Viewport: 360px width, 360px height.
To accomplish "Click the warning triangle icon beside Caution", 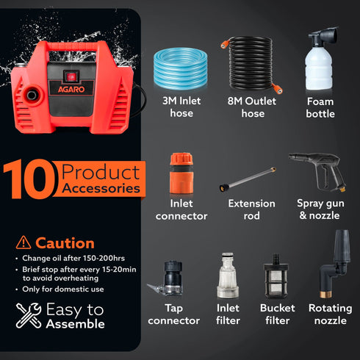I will click(24, 243).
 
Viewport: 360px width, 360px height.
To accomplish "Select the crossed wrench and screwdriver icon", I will click(29, 317).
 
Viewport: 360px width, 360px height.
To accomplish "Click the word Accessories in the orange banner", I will click(101, 188).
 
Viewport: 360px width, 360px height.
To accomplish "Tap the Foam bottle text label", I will click(320, 107).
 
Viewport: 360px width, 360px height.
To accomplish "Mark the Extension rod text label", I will click(251, 209).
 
